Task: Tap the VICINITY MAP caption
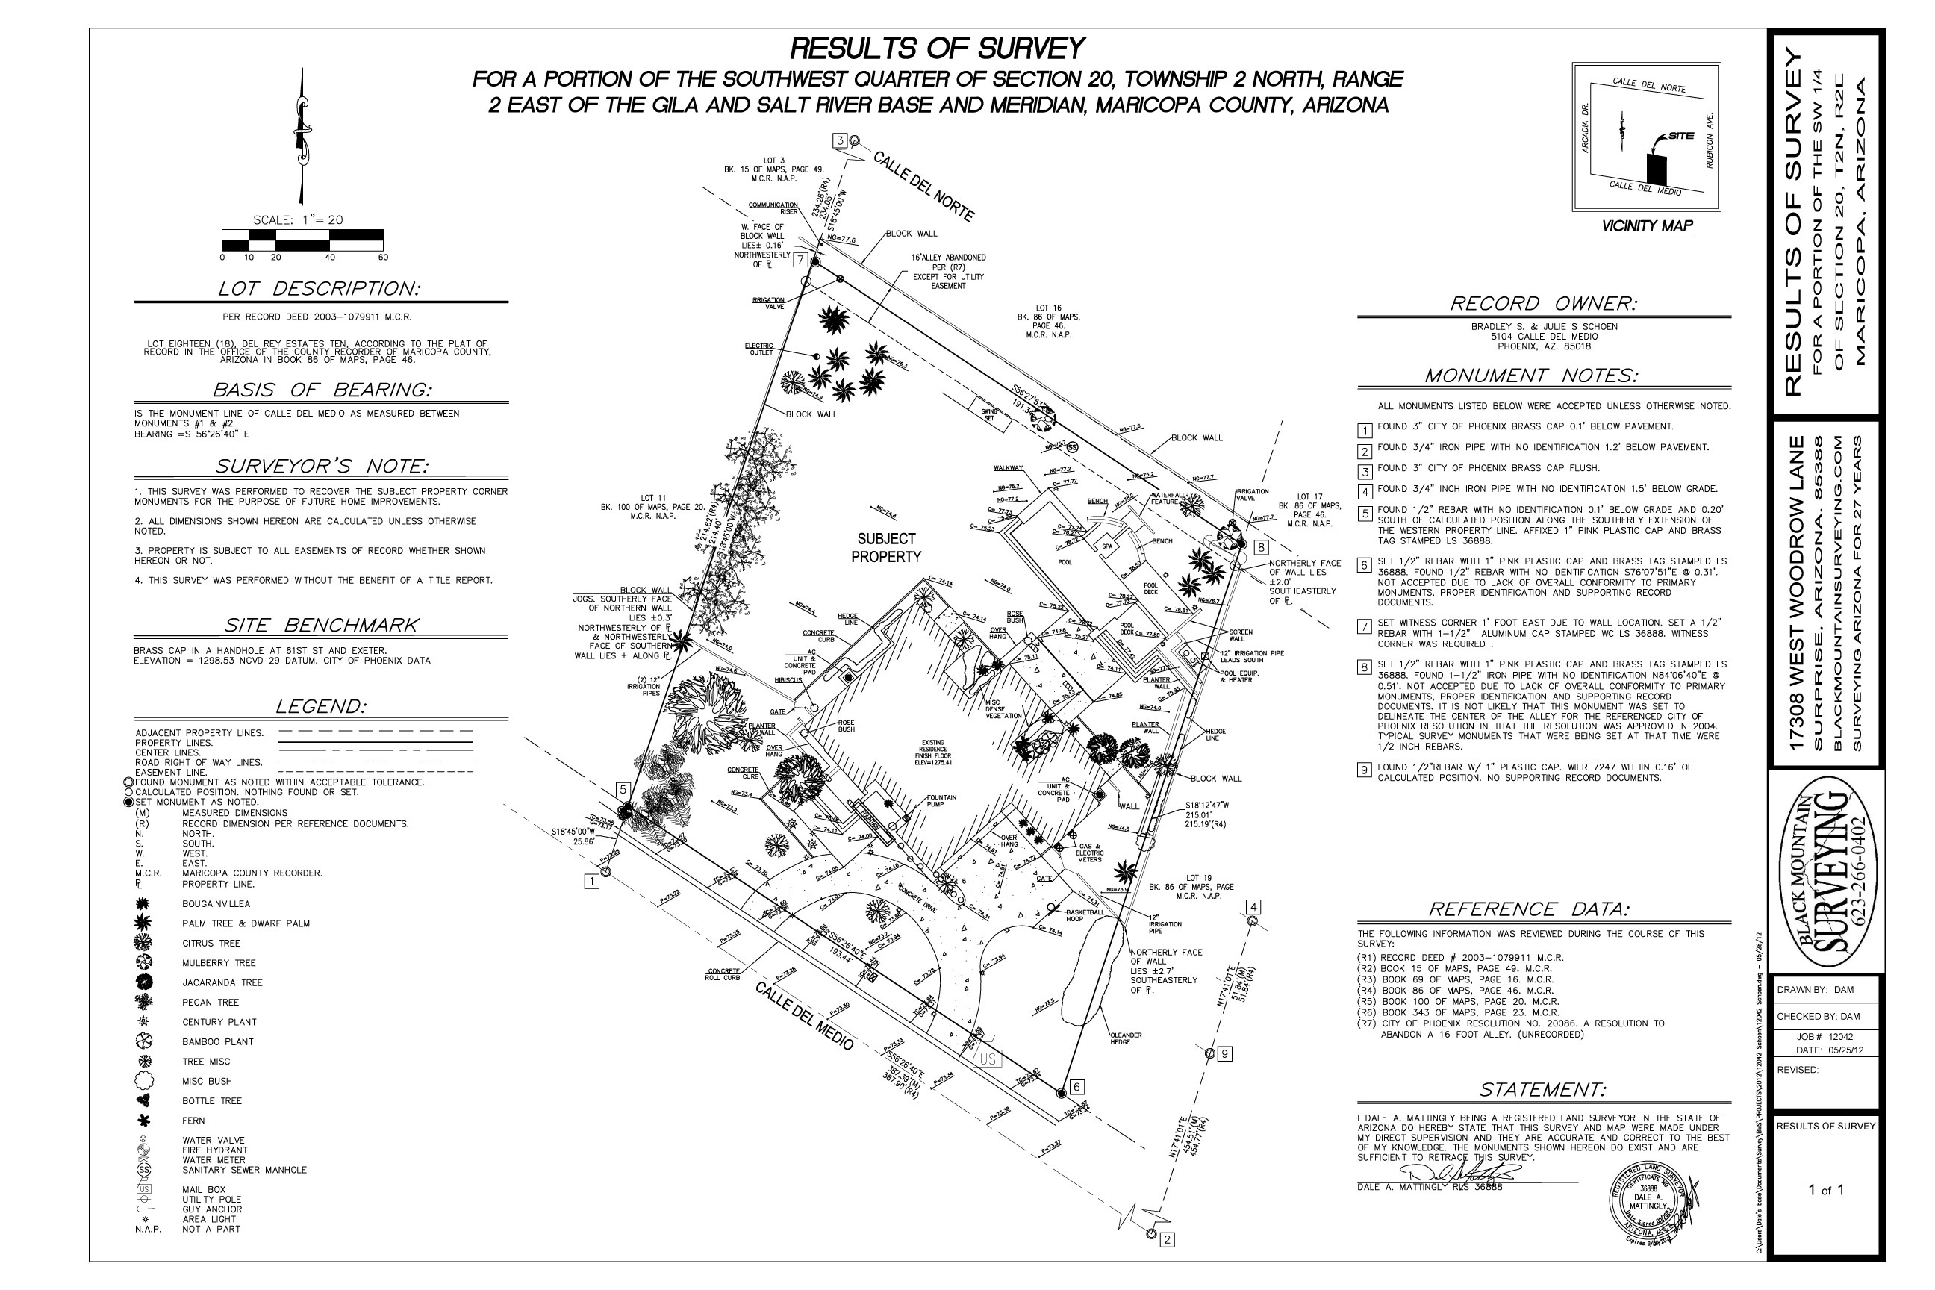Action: (x=1646, y=226)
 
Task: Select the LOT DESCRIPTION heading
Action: (x=320, y=289)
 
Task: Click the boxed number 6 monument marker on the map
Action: (x=1077, y=1087)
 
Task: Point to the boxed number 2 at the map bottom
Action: (x=1166, y=1239)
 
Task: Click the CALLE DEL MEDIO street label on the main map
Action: (x=804, y=1016)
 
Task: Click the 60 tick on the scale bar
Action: (x=382, y=258)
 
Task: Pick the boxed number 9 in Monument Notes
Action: (x=1364, y=770)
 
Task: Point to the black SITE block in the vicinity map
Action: (x=1656, y=169)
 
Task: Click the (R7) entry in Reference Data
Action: (x=1368, y=1023)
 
